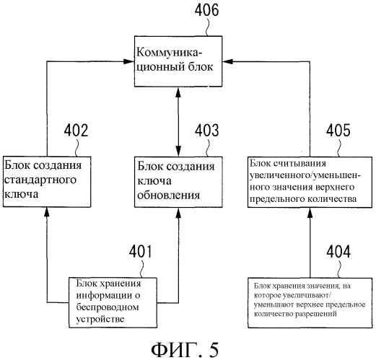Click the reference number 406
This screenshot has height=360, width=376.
tap(206, 11)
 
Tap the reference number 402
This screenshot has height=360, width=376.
tap(76, 131)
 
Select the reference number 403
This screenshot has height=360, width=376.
tap(207, 131)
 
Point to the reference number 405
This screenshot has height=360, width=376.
tap(338, 131)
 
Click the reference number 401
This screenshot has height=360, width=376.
tap(141, 252)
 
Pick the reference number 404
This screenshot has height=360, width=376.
tap(338, 252)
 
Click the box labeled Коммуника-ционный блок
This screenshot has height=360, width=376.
tap(178, 61)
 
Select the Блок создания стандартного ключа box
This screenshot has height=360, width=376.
tap(47, 182)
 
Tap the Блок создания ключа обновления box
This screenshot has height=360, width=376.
tap(178, 182)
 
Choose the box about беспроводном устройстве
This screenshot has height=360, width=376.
tap(113, 303)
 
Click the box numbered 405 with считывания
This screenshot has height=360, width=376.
tap(310, 182)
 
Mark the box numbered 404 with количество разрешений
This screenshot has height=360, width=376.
tap(310, 303)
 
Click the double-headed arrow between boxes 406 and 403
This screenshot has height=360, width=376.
tap(178, 122)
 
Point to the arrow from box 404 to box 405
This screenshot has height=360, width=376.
tap(310, 242)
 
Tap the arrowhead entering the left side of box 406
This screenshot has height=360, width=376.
tap(129, 61)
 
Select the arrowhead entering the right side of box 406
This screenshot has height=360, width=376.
tap(227, 61)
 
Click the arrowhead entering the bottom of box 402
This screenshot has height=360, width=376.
tap(47, 212)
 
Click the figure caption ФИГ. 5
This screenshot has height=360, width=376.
tap(185, 350)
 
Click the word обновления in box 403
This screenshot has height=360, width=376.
tap(169, 195)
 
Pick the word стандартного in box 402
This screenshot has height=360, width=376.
tap(40, 180)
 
